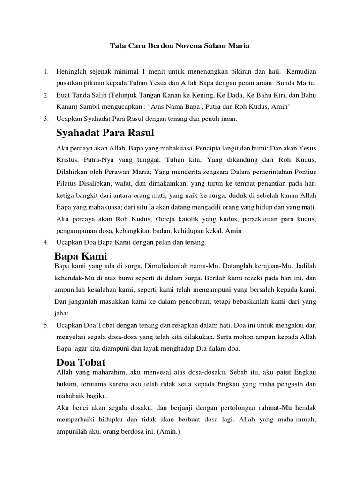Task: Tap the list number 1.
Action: click(x=45, y=71)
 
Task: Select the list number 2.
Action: click(x=45, y=95)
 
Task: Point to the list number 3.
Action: click(x=45, y=119)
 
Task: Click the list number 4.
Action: click(x=45, y=242)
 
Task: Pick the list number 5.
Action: click(x=45, y=324)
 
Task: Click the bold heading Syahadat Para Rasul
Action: click(x=105, y=133)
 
